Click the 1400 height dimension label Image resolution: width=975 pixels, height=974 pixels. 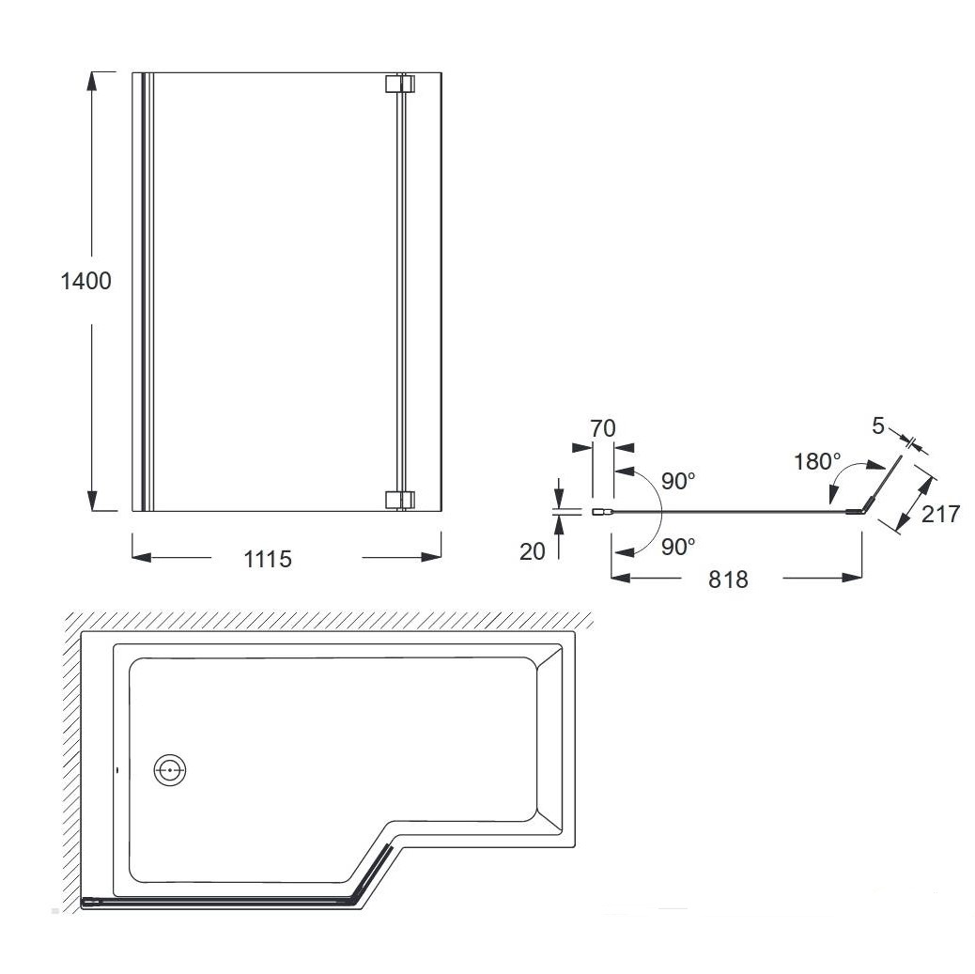(85, 281)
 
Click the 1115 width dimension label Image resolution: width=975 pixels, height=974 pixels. (268, 559)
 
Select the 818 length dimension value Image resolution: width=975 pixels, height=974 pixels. (728, 580)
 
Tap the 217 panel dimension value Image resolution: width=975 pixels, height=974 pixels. (941, 515)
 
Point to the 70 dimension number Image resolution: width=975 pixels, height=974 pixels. (602, 428)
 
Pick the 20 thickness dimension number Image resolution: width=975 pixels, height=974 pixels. (533, 551)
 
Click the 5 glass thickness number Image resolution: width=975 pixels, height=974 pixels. (878, 426)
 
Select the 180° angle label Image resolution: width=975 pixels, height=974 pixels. (817, 462)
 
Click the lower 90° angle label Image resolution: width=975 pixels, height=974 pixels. (678, 547)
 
